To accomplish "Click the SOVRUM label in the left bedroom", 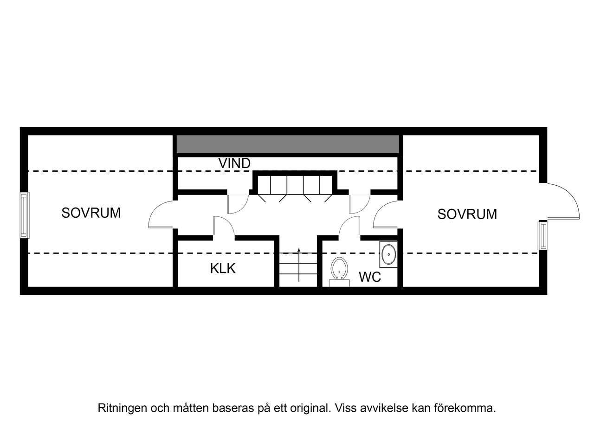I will tap(91, 213).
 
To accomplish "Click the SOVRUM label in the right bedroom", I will tap(467, 214).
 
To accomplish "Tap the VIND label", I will tap(234, 163).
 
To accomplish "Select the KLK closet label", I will tap(223, 268).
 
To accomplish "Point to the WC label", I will tap(370, 277).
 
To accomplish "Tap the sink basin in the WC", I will tap(388, 254).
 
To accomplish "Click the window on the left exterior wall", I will tap(25, 215).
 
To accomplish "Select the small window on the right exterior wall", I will tap(542, 236).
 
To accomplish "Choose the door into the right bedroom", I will tap(385, 215).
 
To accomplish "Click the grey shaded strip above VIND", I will tap(288, 144).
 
